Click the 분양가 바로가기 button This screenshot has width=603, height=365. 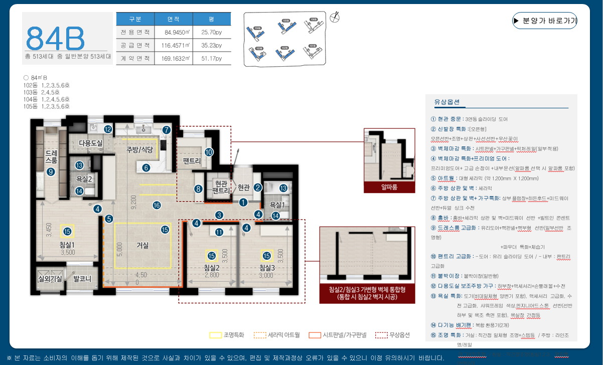click(545, 21)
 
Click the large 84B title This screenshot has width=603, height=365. click(55, 38)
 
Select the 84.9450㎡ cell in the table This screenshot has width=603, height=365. click(173, 32)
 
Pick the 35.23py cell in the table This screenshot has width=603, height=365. click(212, 45)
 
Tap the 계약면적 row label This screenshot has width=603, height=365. click(135, 58)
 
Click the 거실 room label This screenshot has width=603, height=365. click(142, 246)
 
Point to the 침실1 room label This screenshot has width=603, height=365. click(67, 245)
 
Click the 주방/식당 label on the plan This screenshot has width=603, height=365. click(132, 149)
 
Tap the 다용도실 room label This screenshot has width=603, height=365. click(90, 143)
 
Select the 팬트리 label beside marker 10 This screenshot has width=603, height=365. click(192, 161)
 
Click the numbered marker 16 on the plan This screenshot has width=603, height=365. click(157, 205)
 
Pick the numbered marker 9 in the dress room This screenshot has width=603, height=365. click(50, 172)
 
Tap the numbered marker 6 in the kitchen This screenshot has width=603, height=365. click(145, 167)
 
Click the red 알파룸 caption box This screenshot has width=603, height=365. click(389, 188)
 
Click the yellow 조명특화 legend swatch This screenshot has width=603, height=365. click(215, 335)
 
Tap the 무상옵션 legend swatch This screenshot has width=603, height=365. click(382, 335)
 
